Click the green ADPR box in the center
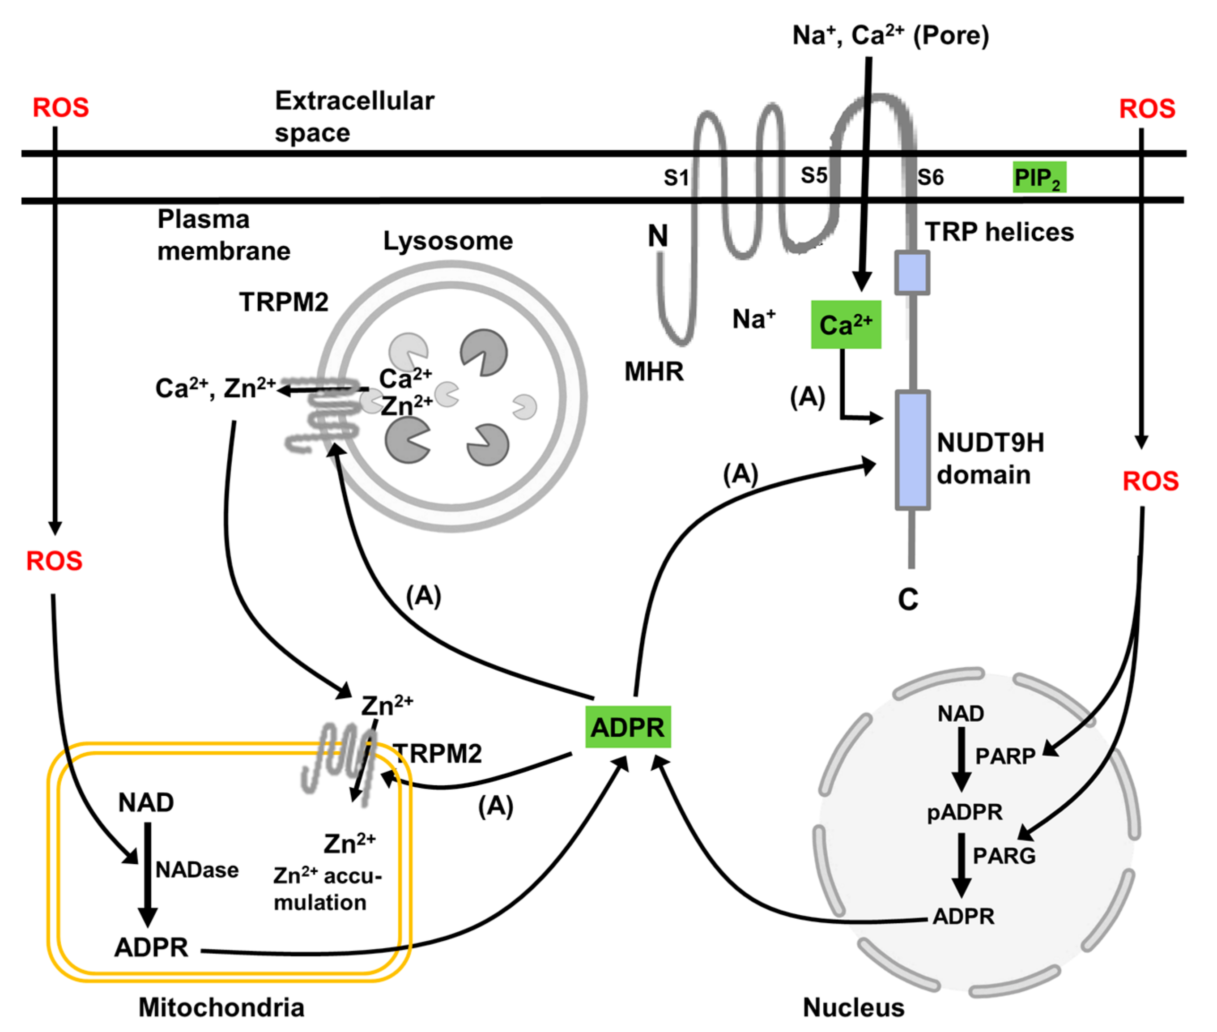627,727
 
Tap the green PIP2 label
1038,177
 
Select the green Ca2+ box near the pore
846,325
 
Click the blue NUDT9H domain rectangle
912,449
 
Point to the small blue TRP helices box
912,273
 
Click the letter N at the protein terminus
657,236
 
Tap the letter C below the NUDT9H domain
908,600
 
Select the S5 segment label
813,175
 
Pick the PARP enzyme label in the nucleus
1005,756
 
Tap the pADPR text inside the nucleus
964,812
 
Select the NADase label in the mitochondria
196,870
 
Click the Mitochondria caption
221,1007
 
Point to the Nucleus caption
853,1007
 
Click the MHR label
654,371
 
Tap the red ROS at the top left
61,108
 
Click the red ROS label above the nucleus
1150,481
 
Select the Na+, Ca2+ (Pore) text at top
890,35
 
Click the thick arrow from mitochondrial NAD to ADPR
147,872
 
